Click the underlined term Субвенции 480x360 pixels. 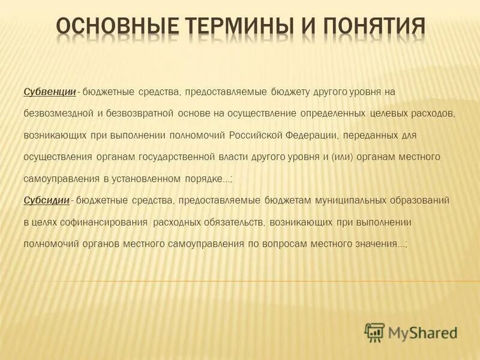tap(50, 92)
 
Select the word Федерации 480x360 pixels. tap(316, 135)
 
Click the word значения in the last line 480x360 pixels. tap(377, 244)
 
